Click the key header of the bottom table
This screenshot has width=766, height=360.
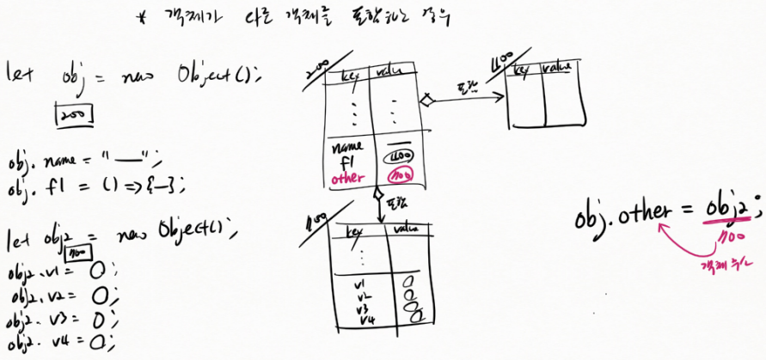click(354, 233)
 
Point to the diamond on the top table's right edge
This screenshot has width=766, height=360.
click(424, 101)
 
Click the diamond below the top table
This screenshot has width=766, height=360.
click(377, 197)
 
